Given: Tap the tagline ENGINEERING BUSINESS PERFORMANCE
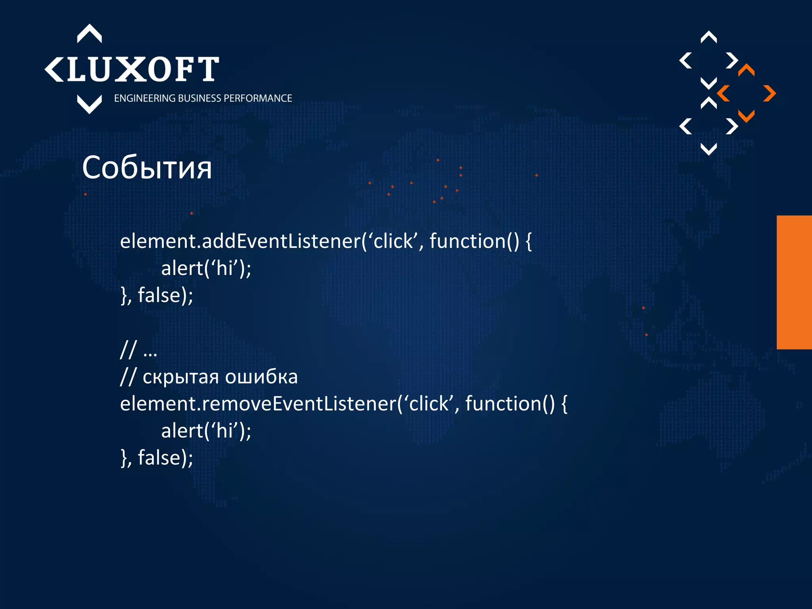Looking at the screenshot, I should [203, 98].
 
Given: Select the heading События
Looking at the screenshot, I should [147, 168].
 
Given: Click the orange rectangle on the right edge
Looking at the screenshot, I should [794, 282].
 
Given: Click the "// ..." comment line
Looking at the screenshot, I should [139, 350].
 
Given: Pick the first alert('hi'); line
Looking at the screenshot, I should [206, 268].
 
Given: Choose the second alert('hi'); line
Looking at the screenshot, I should [206, 431].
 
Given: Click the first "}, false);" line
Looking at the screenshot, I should [157, 295].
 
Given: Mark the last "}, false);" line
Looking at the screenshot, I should [157, 458].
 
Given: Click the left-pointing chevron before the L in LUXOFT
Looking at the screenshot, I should [54, 69].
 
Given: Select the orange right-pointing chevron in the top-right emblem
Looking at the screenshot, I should [769, 94].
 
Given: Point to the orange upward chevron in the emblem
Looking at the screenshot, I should [746, 70].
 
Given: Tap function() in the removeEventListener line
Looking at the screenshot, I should [510, 404].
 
